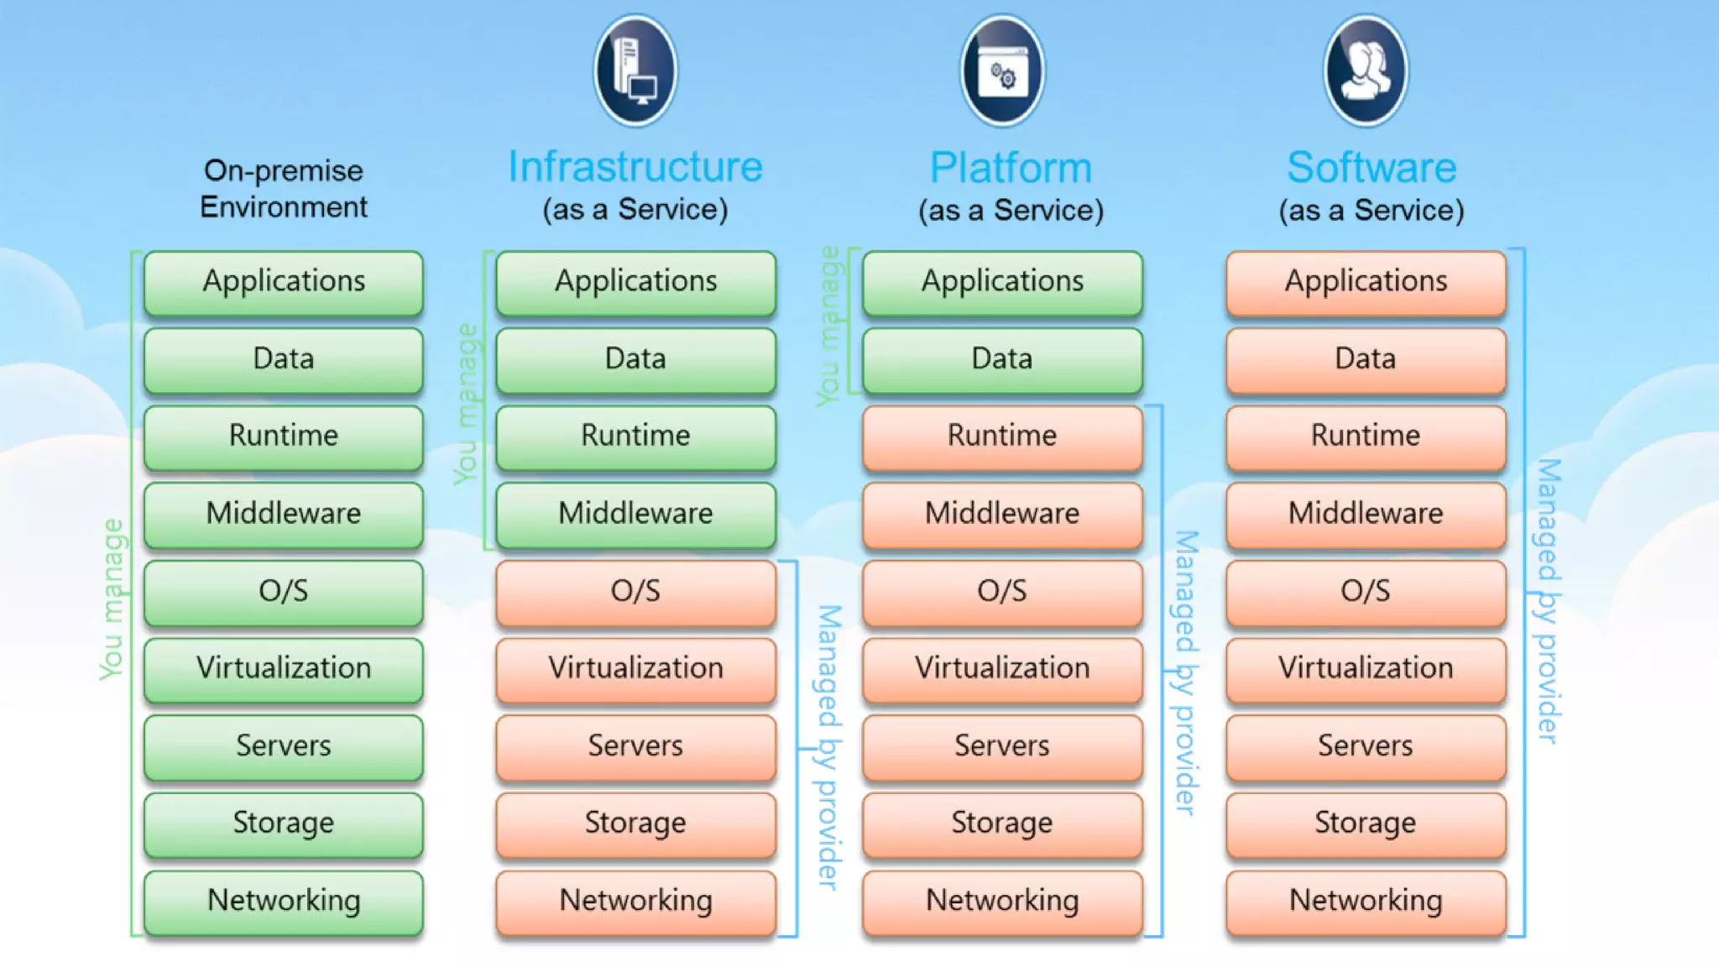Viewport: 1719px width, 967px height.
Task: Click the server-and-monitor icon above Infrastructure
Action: click(x=635, y=71)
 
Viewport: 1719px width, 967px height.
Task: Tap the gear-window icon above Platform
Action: click(x=1002, y=71)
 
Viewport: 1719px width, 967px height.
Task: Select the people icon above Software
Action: click(x=1366, y=71)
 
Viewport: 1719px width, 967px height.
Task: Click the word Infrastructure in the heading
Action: click(x=635, y=167)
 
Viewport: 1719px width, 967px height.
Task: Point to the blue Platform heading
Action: click(x=1011, y=168)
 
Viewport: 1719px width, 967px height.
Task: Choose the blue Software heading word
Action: click(x=1372, y=168)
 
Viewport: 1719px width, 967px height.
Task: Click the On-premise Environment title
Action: click(x=284, y=189)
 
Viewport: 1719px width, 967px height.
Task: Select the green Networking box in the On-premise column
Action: click(x=284, y=901)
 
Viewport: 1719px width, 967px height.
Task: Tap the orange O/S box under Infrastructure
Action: click(x=635, y=591)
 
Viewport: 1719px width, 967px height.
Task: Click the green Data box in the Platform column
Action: click(x=1002, y=359)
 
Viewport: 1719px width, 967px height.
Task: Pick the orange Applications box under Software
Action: click(x=1366, y=281)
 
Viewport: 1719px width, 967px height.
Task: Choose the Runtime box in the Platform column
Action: click(x=1002, y=436)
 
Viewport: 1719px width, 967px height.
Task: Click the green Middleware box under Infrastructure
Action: click(x=635, y=513)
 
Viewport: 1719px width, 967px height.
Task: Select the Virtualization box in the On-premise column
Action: click(x=284, y=668)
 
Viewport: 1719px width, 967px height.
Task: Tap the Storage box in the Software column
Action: click(x=1366, y=823)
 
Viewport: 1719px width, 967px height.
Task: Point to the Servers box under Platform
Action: click(x=1002, y=745)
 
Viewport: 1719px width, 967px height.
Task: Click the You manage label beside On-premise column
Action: click(x=112, y=599)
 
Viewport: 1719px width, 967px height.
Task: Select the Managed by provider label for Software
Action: click(x=1548, y=600)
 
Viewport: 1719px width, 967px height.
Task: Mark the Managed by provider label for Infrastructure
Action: click(x=828, y=746)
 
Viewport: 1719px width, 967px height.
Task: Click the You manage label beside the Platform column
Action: click(x=829, y=326)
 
